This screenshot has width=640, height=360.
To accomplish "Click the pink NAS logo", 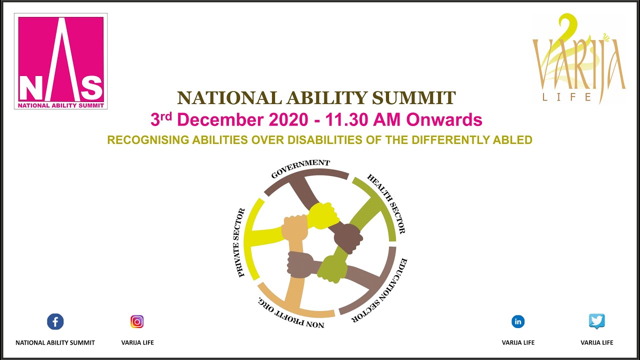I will [x=61, y=60].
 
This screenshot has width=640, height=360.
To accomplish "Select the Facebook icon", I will [x=55, y=321].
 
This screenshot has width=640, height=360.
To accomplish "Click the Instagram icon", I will [x=137, y=321].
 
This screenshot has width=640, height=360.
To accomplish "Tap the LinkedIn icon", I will [x=518, y=321].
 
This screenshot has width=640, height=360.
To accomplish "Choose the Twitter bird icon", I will [x=596, y=321].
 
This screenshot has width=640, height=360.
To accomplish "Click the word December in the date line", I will [x=220, y=120].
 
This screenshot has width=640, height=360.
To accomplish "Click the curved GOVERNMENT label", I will [x=300, y=168].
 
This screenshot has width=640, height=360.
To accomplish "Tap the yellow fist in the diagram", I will [x=322, y=215].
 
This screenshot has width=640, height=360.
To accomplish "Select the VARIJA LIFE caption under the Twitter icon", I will [x=596, y=342].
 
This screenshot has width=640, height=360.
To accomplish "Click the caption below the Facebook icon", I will [x=55, y=342].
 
